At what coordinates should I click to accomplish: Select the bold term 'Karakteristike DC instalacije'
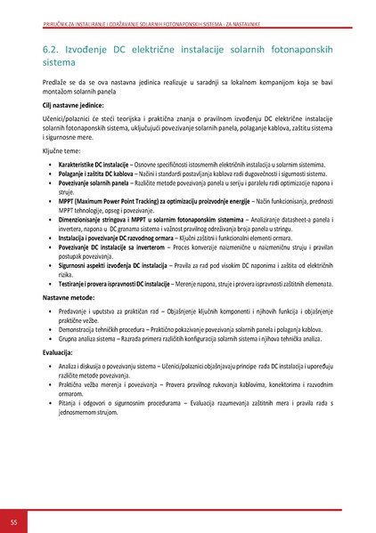coord(95,166)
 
